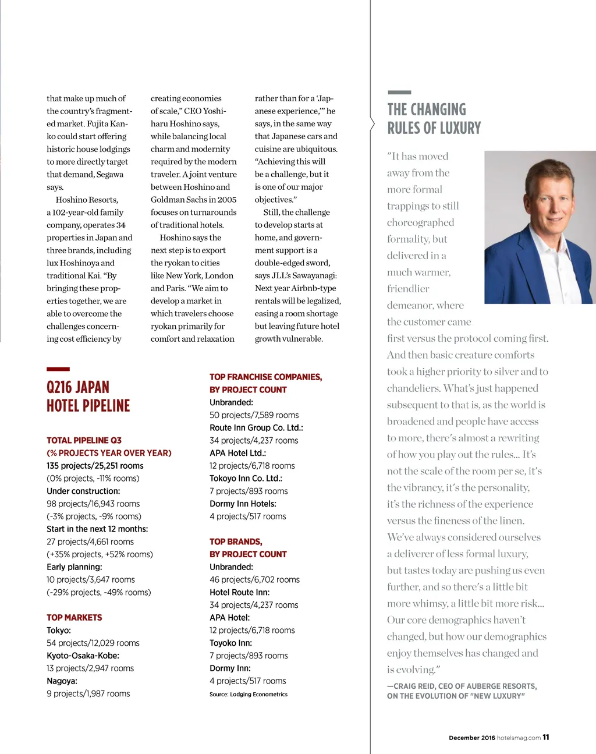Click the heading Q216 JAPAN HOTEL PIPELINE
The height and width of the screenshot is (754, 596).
point(88,397)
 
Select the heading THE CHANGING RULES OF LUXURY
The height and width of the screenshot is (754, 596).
point(434,119)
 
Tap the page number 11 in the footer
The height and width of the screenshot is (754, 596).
point(546,737)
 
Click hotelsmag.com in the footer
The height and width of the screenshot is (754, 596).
point(519,738)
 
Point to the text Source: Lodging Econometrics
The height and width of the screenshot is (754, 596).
point(249,694)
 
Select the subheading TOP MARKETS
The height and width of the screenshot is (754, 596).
point(74,617)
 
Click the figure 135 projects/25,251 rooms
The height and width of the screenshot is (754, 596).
point(95,466)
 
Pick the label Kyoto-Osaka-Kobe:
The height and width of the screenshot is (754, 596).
point(83,656)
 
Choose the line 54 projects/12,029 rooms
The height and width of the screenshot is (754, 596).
point(93,643)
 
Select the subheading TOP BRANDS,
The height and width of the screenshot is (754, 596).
point(236,541)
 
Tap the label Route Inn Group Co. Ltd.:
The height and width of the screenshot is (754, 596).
point(256,427)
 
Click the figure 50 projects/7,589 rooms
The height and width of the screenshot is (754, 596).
point(254,415)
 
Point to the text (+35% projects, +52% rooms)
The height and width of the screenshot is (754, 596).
point(100,554)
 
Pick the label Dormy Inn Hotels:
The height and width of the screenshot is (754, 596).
point(243,504)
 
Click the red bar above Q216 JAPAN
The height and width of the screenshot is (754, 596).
point(58,369)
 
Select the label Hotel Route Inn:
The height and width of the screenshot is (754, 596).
point(239,592)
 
